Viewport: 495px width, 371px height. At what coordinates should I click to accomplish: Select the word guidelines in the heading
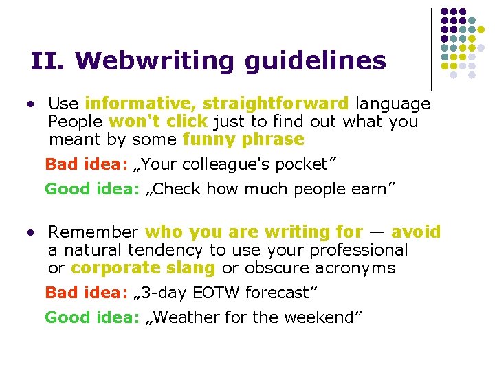coord(315,61)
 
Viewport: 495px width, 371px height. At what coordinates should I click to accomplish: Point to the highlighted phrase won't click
coord(157,122)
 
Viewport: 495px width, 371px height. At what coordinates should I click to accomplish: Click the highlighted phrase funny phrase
coord(243,139)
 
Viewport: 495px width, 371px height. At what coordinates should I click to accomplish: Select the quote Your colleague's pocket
coord(234,164)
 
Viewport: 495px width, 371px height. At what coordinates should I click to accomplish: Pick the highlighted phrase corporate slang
coord(143,268)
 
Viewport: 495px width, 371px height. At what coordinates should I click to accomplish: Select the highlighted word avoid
coord(415,232)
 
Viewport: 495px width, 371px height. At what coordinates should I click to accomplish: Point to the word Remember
coord(93,232)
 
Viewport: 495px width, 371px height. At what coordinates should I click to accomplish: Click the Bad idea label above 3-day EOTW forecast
coord(86,293)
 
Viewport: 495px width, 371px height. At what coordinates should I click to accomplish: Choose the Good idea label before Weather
coord(92,317)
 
